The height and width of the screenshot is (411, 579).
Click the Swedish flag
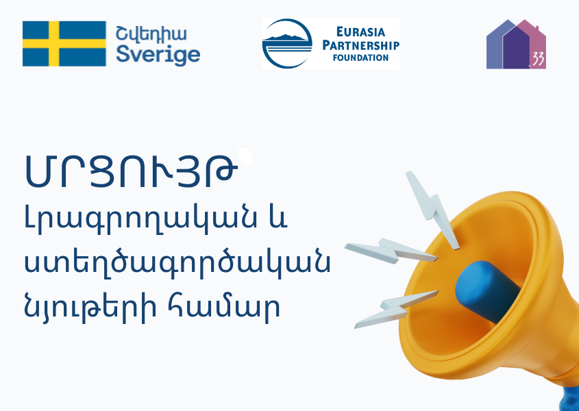[64, 44]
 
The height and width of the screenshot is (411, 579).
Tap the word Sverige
[158, 55]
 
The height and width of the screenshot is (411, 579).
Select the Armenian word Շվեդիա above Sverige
[151, 34]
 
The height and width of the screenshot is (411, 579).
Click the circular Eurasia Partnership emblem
[287, 44]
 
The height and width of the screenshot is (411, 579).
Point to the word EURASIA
[361, 32]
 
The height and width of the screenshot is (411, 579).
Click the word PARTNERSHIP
[361, 45]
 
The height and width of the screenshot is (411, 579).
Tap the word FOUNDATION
[361, 58]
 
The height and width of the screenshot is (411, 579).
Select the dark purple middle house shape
[516, 47]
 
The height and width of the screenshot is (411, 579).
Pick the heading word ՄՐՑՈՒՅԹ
[131, 171]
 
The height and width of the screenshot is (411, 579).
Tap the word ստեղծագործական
[177, 263]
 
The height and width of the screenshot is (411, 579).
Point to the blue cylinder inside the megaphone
[487, 290]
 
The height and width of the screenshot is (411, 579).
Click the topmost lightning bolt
[432, 209]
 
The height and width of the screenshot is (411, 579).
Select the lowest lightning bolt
[396, 310]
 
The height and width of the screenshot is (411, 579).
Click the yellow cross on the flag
[54, 44]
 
